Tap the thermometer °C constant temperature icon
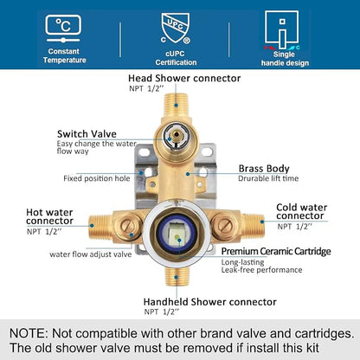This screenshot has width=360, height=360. [63, 29]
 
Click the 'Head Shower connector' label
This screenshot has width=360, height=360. [184, 78]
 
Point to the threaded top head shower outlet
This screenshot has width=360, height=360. [176, 104]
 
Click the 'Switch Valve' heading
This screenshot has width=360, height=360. [87, 134]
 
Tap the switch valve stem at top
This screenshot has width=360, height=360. [176, 135]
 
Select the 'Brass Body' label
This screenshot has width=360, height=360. [264, 169]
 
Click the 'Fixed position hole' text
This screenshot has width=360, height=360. [97, 178]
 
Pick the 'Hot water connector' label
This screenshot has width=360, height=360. [49, 216]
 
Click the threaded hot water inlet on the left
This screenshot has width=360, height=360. [100, 227]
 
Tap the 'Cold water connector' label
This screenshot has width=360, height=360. [301, 211]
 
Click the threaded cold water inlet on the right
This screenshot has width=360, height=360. [253, 226]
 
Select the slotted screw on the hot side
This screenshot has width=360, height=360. [128, 226]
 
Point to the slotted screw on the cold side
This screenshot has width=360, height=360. [225, 226]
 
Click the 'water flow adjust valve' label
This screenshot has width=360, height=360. [91, 254]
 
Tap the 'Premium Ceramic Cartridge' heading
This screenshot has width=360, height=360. [276, 251]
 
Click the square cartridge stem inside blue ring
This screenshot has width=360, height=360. [177, 235]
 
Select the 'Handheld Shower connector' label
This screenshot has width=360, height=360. [210, 302]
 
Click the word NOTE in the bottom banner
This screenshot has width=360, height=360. [28, 333]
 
